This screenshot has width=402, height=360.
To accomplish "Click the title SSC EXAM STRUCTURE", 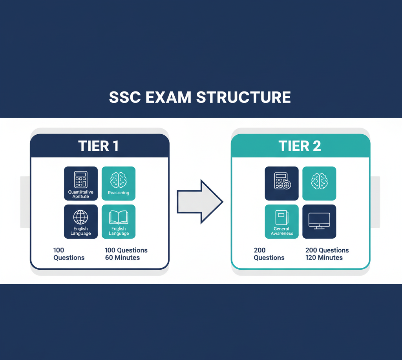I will (200, 97).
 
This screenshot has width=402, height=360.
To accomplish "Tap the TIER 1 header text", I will (98, 146).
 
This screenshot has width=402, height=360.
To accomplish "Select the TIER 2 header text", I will (300, 146).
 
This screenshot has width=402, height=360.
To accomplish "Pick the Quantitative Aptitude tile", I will (81, 183).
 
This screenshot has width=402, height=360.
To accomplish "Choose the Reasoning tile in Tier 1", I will (119, 183).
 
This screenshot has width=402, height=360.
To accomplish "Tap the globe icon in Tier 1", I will (81, 217).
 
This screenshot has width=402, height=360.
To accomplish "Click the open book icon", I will (119, 217).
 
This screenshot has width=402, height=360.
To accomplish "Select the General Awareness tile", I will (282, 221).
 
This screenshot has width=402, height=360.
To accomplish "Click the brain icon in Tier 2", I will (319, 182).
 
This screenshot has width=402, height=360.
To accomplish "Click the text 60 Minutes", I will (122, 258).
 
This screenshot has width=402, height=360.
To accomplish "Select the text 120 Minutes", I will (324, 258).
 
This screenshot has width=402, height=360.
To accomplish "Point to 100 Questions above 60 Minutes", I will (126, 250).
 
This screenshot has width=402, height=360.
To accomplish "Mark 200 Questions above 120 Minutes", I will (327, 250).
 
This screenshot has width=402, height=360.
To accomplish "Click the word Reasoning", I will (119, 193).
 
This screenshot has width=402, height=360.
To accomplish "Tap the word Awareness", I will (282, 233).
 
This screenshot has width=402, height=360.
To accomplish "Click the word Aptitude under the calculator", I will (81, 196).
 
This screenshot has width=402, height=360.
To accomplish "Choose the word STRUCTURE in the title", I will (243, 97).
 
